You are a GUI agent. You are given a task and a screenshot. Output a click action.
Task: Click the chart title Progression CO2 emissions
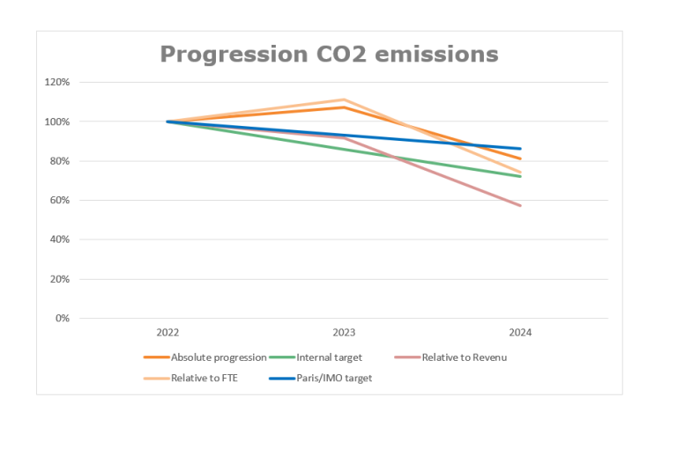[x=329, y=55]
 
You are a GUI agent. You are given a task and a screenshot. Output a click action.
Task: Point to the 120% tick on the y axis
[x=57, y=82]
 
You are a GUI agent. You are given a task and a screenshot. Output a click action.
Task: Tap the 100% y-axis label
[x=57, y=121]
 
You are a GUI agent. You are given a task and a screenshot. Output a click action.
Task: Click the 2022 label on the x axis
[x=167, y=333]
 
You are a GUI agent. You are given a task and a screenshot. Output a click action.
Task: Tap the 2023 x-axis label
[x=344, y=333]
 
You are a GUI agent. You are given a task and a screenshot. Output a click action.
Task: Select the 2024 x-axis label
[x=520, y=333]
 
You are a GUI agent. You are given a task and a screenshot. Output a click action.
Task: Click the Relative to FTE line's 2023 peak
[x=344, y=99]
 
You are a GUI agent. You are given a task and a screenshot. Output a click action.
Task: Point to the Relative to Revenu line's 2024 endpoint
[x=520, y=205]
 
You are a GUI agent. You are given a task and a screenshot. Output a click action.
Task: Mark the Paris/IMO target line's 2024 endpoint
[x=520, y=149]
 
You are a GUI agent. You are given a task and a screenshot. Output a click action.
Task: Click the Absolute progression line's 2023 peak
[x=344, y=107]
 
